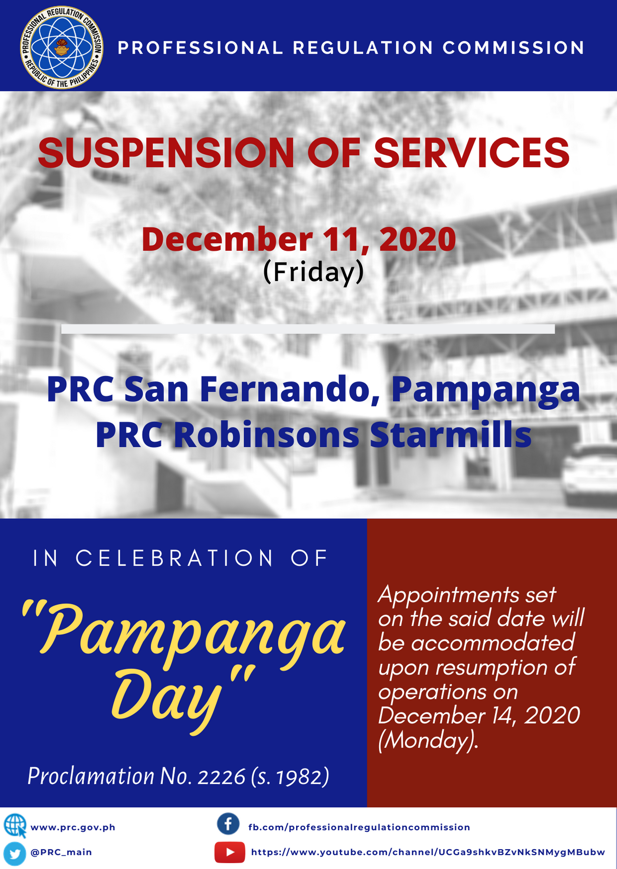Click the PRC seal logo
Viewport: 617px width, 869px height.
point(62,48)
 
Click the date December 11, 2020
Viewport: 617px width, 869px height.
point(299,239)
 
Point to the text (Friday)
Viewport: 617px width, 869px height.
point(313,273)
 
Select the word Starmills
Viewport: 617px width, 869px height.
point(451,435)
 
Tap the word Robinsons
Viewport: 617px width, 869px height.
point(266,435)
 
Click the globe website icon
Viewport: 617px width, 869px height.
point(15,826)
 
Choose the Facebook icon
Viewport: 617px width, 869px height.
point(228,824)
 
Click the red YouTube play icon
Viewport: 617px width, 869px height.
point(230,852)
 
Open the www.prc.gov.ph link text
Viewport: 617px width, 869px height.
point(73,827)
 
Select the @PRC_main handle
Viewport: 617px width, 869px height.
point(61,852)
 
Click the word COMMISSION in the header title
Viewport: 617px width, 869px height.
point(514,48)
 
